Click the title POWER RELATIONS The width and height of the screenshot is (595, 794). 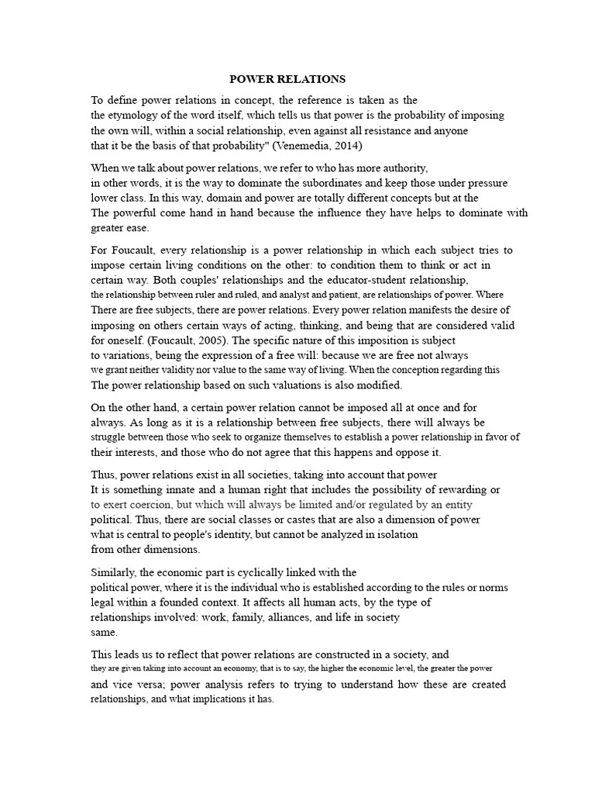pos(287,79)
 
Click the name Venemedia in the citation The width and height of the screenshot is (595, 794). pos(291,145)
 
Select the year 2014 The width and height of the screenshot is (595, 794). pos(343,145)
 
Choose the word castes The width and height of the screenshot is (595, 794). pos(294,520)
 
